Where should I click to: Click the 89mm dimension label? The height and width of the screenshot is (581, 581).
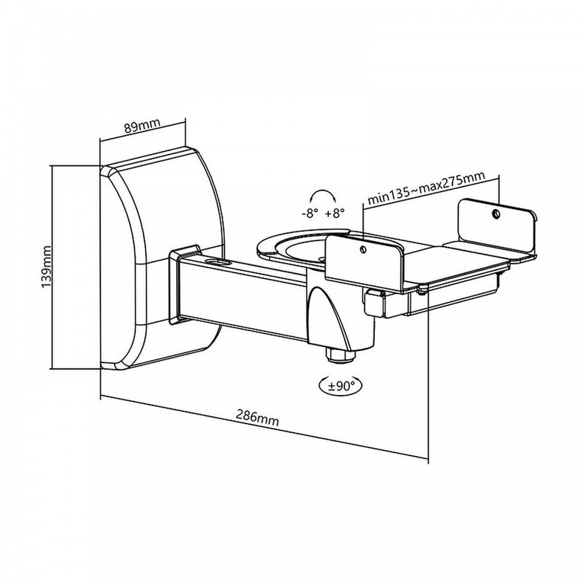coord(142,126)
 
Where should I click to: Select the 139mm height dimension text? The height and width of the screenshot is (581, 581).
coord(46,267)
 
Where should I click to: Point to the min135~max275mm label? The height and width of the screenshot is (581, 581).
coord(426,188)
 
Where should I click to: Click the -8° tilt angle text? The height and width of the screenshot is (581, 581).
coord(310,213)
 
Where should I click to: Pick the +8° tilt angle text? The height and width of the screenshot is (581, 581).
coord(335,213)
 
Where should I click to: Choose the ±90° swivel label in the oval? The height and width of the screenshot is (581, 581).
coord(339,386)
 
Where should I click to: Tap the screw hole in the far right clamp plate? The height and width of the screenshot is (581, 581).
coord(496,213)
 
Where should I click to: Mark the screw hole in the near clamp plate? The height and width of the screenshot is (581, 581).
coord(364,250)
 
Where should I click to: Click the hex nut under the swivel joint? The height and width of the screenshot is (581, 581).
coord(339,355)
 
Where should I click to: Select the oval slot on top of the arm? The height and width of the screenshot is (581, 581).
coord(220,263)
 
